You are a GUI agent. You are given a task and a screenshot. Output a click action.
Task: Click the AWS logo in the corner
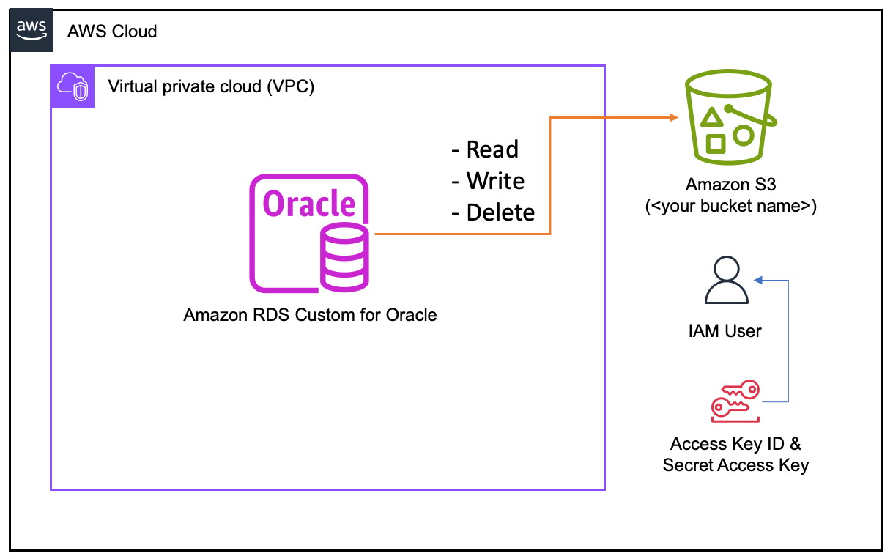point(32,31)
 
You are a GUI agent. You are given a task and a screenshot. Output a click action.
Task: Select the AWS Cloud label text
point(112,32)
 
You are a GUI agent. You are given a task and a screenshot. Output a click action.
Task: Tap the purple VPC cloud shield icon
point(72,86)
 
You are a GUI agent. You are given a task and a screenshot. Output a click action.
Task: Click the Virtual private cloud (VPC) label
point(211,86)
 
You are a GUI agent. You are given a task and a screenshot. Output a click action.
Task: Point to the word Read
point(492,149)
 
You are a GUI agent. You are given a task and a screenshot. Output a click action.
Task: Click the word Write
point(495,181)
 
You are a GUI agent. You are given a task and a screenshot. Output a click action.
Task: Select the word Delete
point(500,212)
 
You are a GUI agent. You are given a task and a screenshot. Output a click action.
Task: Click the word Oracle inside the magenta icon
point(308,204)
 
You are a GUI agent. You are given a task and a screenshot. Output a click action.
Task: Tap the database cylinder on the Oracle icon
point(344,258)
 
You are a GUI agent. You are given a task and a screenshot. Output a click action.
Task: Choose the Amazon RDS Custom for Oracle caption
point(310,315)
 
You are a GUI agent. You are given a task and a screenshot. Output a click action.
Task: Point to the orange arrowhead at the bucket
point(672,116)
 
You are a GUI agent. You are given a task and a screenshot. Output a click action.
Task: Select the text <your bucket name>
point(730,206)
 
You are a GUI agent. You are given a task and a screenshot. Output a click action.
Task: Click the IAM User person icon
point(726,281)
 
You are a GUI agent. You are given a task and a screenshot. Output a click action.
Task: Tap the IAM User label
point(725,330)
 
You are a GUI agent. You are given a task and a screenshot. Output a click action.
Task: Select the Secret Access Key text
point(735,465)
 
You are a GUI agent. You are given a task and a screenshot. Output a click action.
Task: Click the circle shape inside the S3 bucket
point(743,135)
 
